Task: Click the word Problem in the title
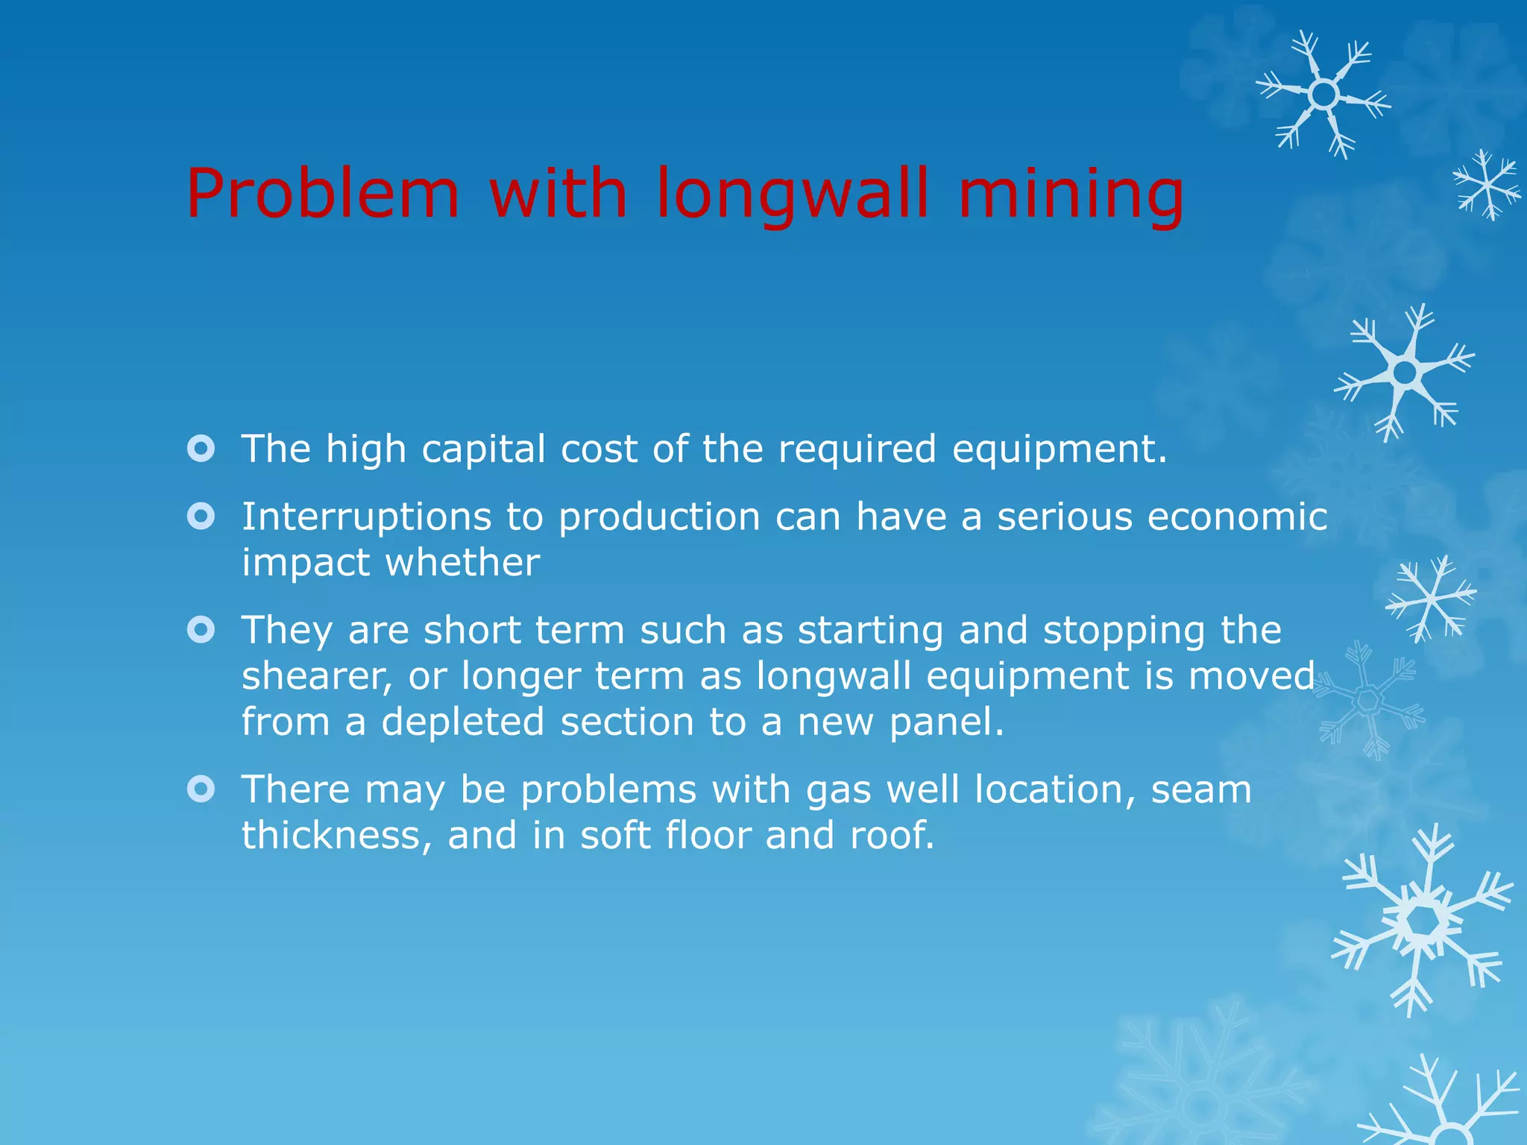[323, 194]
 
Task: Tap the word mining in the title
[1071, 195]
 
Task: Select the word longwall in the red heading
[793, 195]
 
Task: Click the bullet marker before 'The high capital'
[201, 449]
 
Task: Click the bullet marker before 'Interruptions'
[201, 516]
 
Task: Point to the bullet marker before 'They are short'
[201, 630]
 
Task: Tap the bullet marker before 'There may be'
[201, 789]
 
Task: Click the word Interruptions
[366, 517]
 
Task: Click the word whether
[462, 562]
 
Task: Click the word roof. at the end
[892, 835]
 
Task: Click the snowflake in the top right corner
[1323, 95]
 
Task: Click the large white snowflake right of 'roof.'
[1423, 921]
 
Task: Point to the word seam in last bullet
[1201, 789]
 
